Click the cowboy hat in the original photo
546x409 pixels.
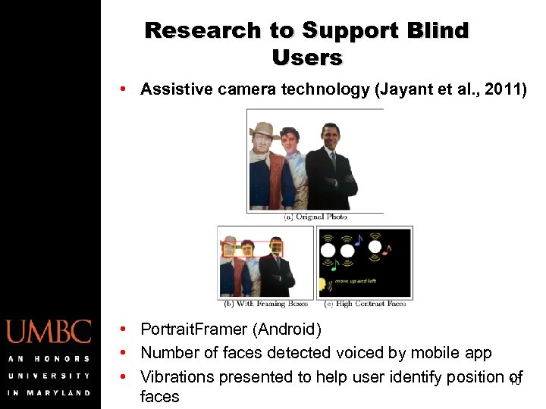(265, 129)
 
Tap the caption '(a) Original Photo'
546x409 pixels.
(315, 217)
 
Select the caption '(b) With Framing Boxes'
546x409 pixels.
(265, 304)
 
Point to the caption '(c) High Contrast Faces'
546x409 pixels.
(365, 304)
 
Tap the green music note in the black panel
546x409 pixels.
(334, 265)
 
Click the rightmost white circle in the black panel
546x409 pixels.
(375, 246)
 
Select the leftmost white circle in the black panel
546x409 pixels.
(328, 249)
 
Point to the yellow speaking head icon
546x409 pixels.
(324, 285)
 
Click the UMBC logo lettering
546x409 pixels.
(49, 332)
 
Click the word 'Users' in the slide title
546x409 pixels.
(307, 58)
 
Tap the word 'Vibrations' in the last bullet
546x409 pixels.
(177, 376)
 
